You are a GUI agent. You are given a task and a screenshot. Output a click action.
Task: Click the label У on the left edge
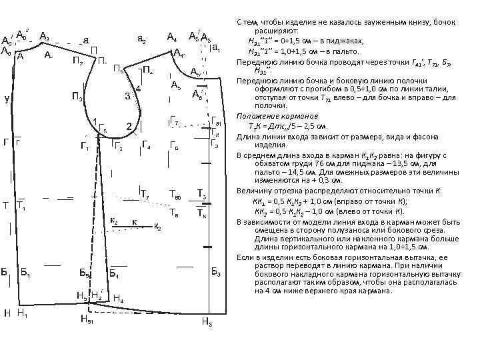click(6, 99)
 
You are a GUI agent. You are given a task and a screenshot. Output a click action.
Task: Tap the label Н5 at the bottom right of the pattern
click(207, 323)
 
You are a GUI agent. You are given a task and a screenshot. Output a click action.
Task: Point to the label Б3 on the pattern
click(216, 271)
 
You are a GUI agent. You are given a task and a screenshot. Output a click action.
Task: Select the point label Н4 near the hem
click(118, 299)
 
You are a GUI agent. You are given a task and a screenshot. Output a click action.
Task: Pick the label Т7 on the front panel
click(145, 194)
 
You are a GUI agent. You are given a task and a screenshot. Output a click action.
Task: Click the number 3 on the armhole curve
click(127, 96)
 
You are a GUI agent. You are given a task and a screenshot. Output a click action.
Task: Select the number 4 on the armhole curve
click(138, 88)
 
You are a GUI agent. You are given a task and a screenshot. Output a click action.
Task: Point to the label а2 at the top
click(141, 40)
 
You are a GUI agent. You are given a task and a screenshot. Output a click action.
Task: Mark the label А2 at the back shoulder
click(45, 35)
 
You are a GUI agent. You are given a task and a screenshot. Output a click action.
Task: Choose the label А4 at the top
click(171, 37)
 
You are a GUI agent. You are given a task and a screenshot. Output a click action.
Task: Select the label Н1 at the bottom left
click(22, 312)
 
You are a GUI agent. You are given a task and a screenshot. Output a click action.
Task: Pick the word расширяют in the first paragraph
click(277, 31)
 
